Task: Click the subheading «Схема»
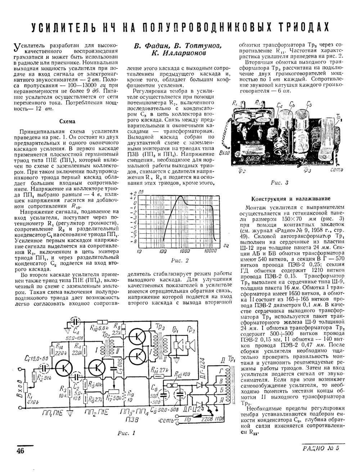coord(67,121)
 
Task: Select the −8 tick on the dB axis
coord(133,241)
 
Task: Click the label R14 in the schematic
coord(59,347)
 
